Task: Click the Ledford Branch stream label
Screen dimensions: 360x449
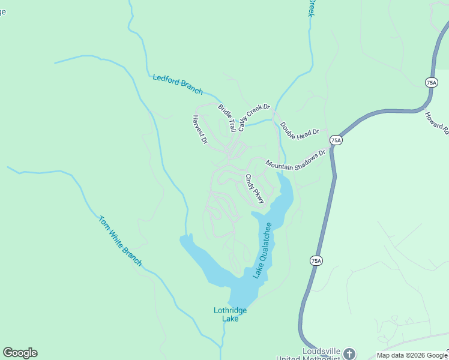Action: (x=178, y=84)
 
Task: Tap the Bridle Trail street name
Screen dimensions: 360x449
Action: (x=227, y=119)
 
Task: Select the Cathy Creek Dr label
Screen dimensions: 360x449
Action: (x=254, y=118)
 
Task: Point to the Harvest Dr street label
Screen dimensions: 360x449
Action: (x=199, y=130)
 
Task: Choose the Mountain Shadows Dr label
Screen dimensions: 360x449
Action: (x=295, y=159)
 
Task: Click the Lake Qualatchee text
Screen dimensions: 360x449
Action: (x=262, y=250)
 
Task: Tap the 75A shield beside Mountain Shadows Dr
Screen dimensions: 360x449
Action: (x=336, y=140)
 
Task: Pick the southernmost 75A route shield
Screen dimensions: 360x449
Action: (x=316, y=260)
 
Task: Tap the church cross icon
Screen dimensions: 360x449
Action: (x=349, y=353)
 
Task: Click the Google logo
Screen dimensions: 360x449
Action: (x=20, y=353)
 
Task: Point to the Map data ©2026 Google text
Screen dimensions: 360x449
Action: (x=411, y=355)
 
